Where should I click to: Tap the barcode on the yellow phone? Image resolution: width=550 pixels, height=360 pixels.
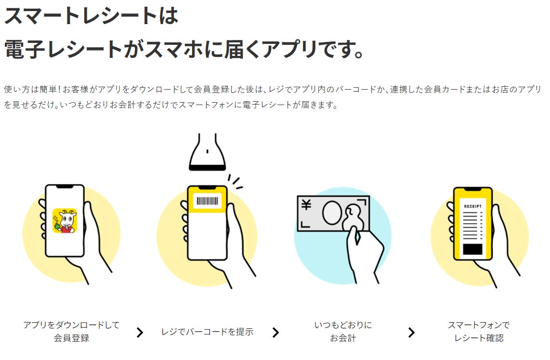pos(207,200)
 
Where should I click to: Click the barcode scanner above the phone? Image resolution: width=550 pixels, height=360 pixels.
pos(207,152)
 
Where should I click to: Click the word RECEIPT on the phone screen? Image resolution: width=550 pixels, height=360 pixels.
pos(472,206)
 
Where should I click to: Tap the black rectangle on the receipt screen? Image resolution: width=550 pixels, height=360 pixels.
pos(472,249)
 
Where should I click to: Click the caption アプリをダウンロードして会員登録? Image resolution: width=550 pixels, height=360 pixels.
pos(71,331)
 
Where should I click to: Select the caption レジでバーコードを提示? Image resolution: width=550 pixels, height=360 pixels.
pos(207,332)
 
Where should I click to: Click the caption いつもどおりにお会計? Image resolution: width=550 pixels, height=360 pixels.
pos(343,331)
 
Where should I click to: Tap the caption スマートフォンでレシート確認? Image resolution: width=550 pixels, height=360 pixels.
pos(479,331)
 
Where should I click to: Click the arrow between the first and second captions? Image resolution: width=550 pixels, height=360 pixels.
pos(140,333)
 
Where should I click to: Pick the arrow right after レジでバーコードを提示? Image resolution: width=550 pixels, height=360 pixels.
pos(275,333)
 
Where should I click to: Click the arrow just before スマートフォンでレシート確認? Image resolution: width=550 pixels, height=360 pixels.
pos(411,333)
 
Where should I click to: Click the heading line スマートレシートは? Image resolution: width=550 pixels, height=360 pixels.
pos(92,16)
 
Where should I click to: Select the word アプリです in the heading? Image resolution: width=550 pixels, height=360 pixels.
pos(318,49)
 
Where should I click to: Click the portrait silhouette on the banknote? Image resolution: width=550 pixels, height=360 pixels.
pos(352,217)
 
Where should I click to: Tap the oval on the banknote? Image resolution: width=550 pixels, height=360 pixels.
pos(332,212)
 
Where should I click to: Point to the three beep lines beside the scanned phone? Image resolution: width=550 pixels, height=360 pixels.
pos(235,182)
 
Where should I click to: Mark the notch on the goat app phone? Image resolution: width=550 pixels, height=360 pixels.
pos(65,187)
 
